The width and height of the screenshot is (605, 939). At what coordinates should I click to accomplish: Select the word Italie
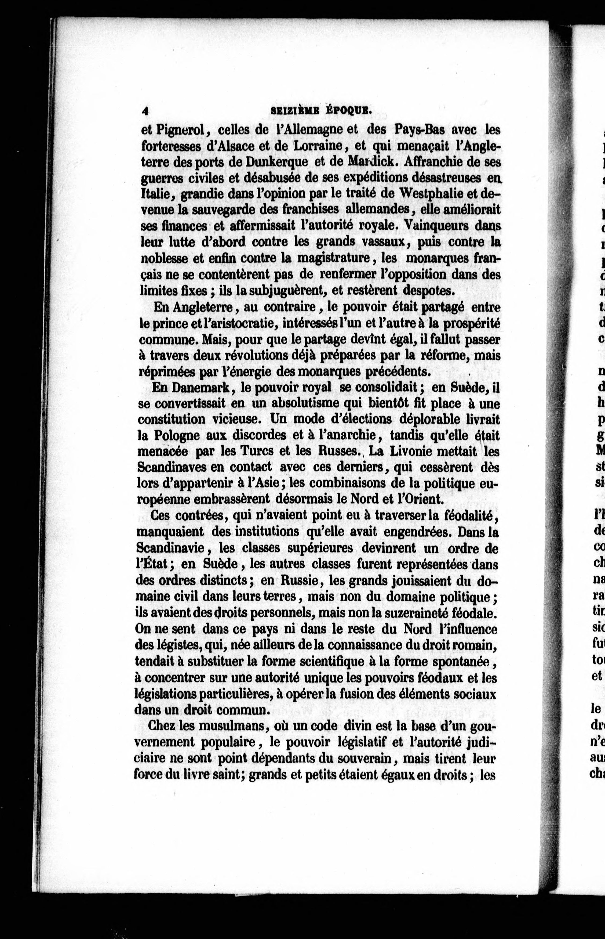click(155, 194)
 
